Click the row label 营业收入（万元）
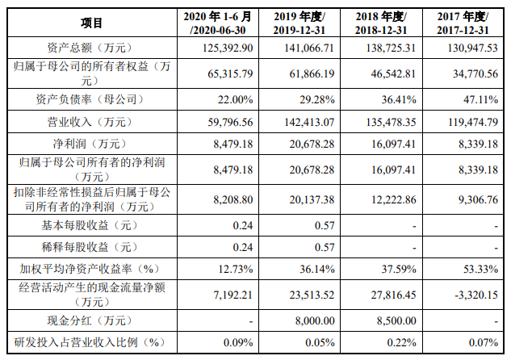click(91, 123)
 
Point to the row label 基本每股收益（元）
click(91, 222)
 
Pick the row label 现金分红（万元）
click(91, 320)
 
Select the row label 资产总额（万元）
click(91, 48)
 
